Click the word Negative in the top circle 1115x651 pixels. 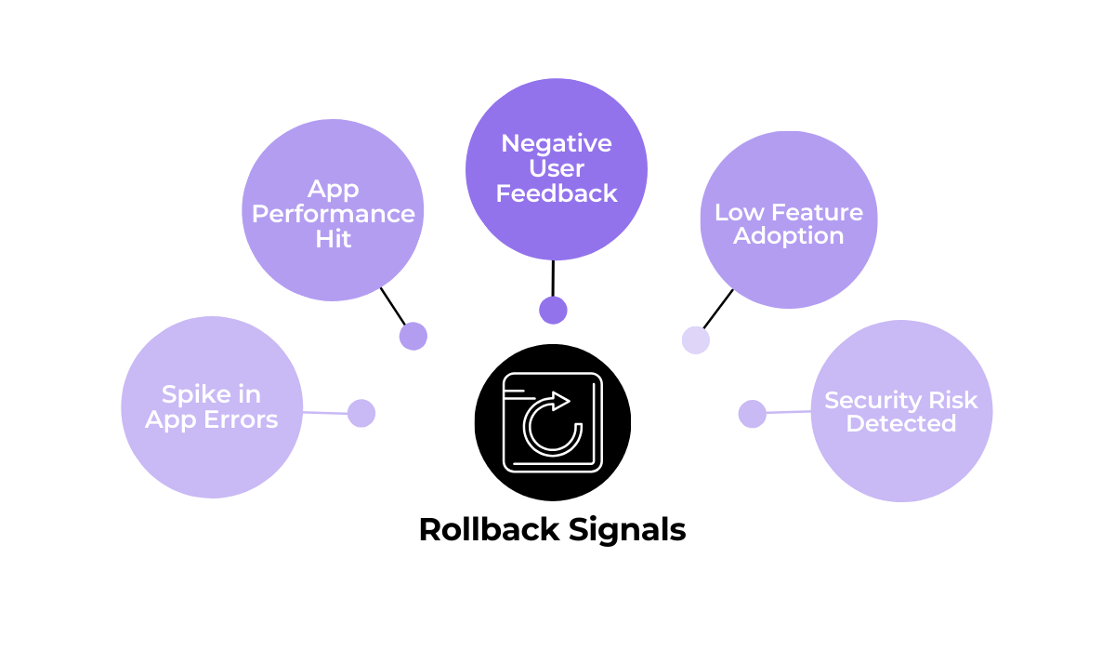click(556, 144)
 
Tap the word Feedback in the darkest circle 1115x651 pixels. click(556, 193)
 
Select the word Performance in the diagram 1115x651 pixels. click(333, 214)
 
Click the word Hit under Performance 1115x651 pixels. click(333, 239)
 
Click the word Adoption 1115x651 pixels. click(788, 236)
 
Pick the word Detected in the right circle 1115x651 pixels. click(900, 424)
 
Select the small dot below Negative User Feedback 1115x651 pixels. click(553, 311)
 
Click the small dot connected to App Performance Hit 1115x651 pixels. click(413, 336)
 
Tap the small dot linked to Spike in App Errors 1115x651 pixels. click(361, 413)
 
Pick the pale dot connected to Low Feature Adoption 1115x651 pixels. click(695, 340)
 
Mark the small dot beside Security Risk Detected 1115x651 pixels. click(752, 414)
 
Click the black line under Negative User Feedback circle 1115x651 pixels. click(553, 278)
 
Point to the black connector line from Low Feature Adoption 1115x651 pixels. click(718, 309)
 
